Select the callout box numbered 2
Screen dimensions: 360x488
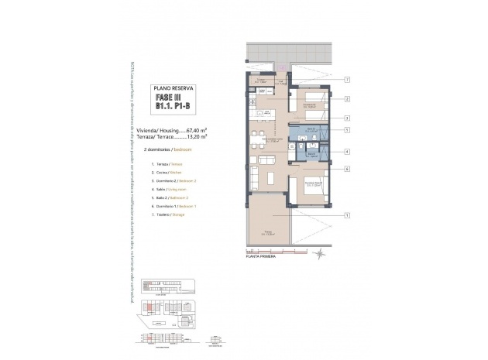348,99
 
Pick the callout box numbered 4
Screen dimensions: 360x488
348,152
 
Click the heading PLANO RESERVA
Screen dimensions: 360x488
174,89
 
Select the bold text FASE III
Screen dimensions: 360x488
174,98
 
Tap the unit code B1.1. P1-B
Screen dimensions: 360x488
174,109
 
